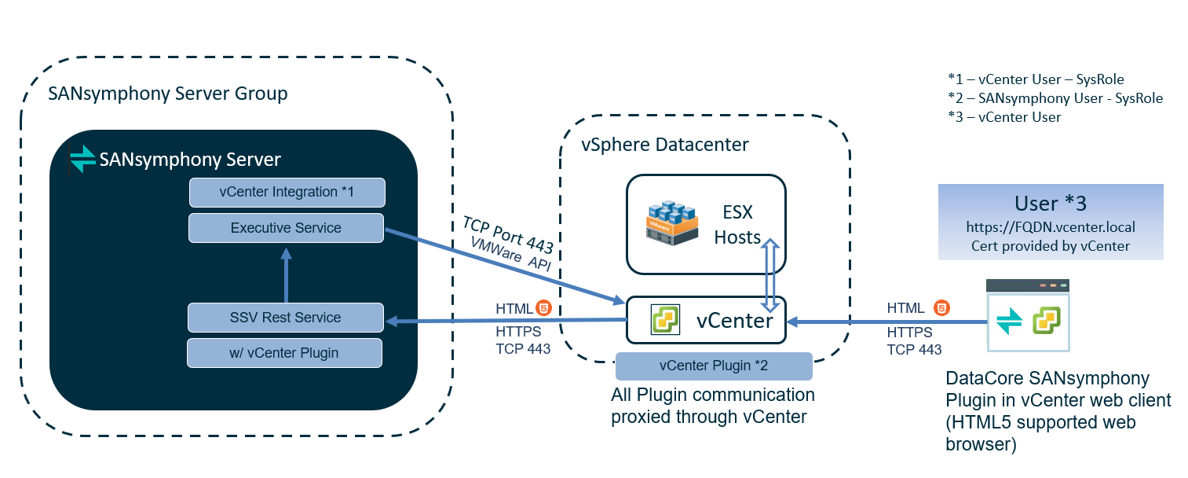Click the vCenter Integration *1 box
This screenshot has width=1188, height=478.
(x=287, y=192)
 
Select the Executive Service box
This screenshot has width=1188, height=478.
(x=286, y=228)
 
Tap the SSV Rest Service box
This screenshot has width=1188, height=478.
(x=286, y=318)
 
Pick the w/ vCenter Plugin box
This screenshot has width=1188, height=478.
(x=284, y=353)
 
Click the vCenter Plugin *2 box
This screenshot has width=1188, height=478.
(x=713, y=366)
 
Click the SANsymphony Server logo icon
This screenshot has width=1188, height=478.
(x=82, y=160)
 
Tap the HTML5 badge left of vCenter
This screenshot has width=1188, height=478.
(x=541, y=307)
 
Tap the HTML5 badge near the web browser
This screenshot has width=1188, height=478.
(x=941, y=307)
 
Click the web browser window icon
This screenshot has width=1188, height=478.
(x=1028, y=315)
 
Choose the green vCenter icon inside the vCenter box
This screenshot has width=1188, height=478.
(x=666, y=320)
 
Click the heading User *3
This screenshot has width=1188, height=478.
(x=1050, y=203)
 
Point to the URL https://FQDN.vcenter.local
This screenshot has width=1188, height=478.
(x=1050, y=227)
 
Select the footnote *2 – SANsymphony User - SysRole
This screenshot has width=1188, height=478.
(x=1055, y=98)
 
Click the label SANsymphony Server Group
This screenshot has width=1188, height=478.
(x=168, y=94)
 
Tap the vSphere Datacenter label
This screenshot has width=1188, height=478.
(x=664, y=145)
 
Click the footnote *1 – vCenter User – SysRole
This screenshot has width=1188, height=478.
(x=1036, y=79)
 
